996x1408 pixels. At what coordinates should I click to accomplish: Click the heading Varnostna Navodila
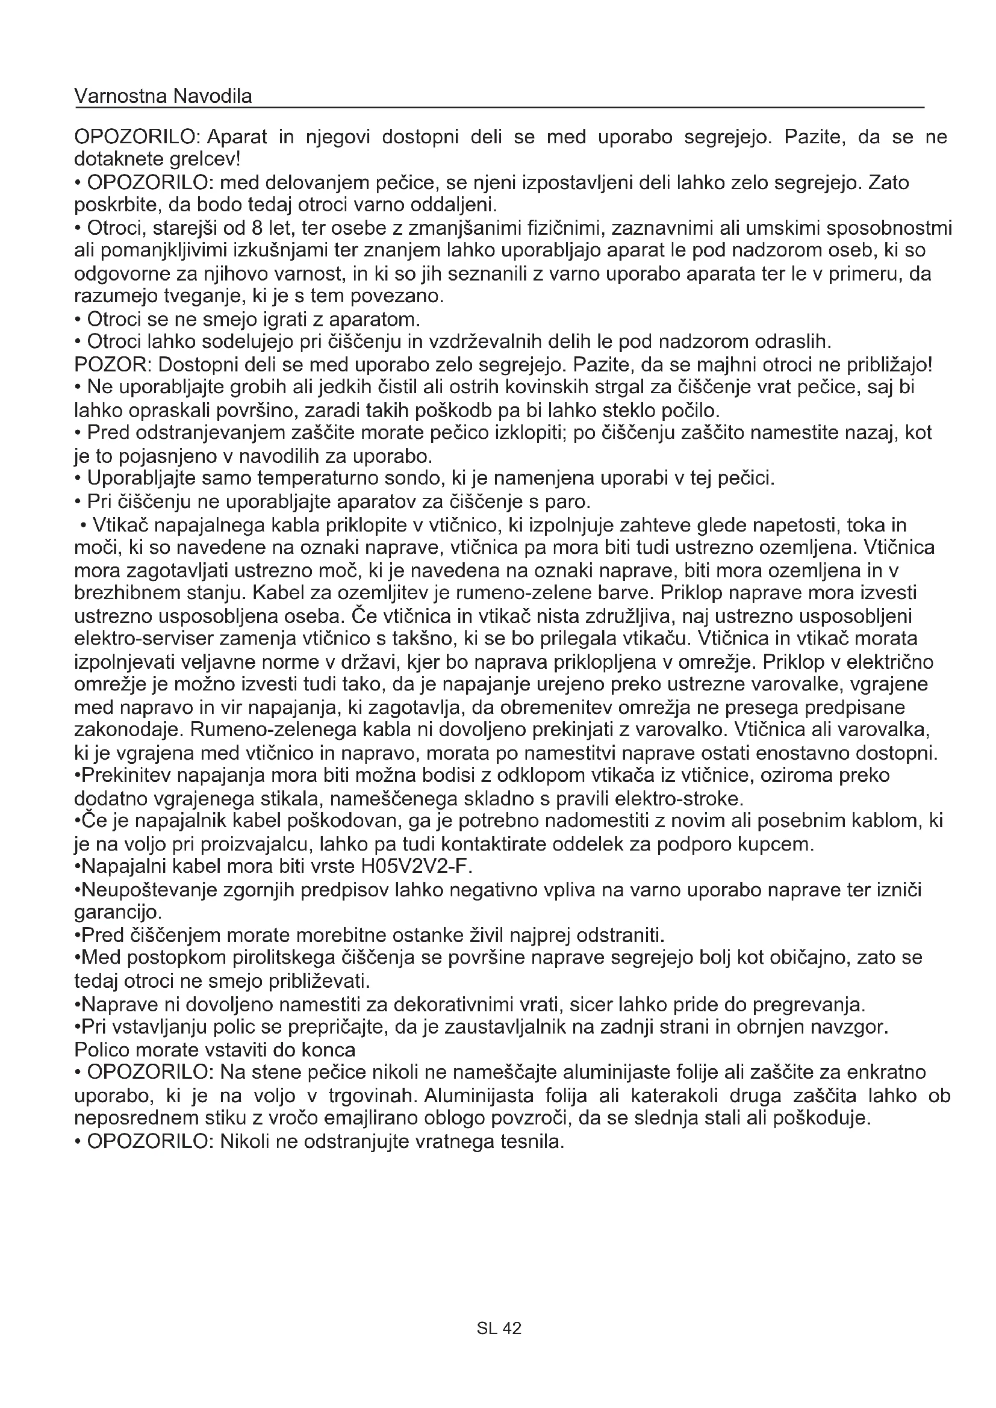click(x=163, y=96)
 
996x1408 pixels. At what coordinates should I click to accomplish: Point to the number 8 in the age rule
click(x=257, y=228)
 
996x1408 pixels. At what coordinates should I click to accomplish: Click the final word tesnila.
click(x=532, y=1141)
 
